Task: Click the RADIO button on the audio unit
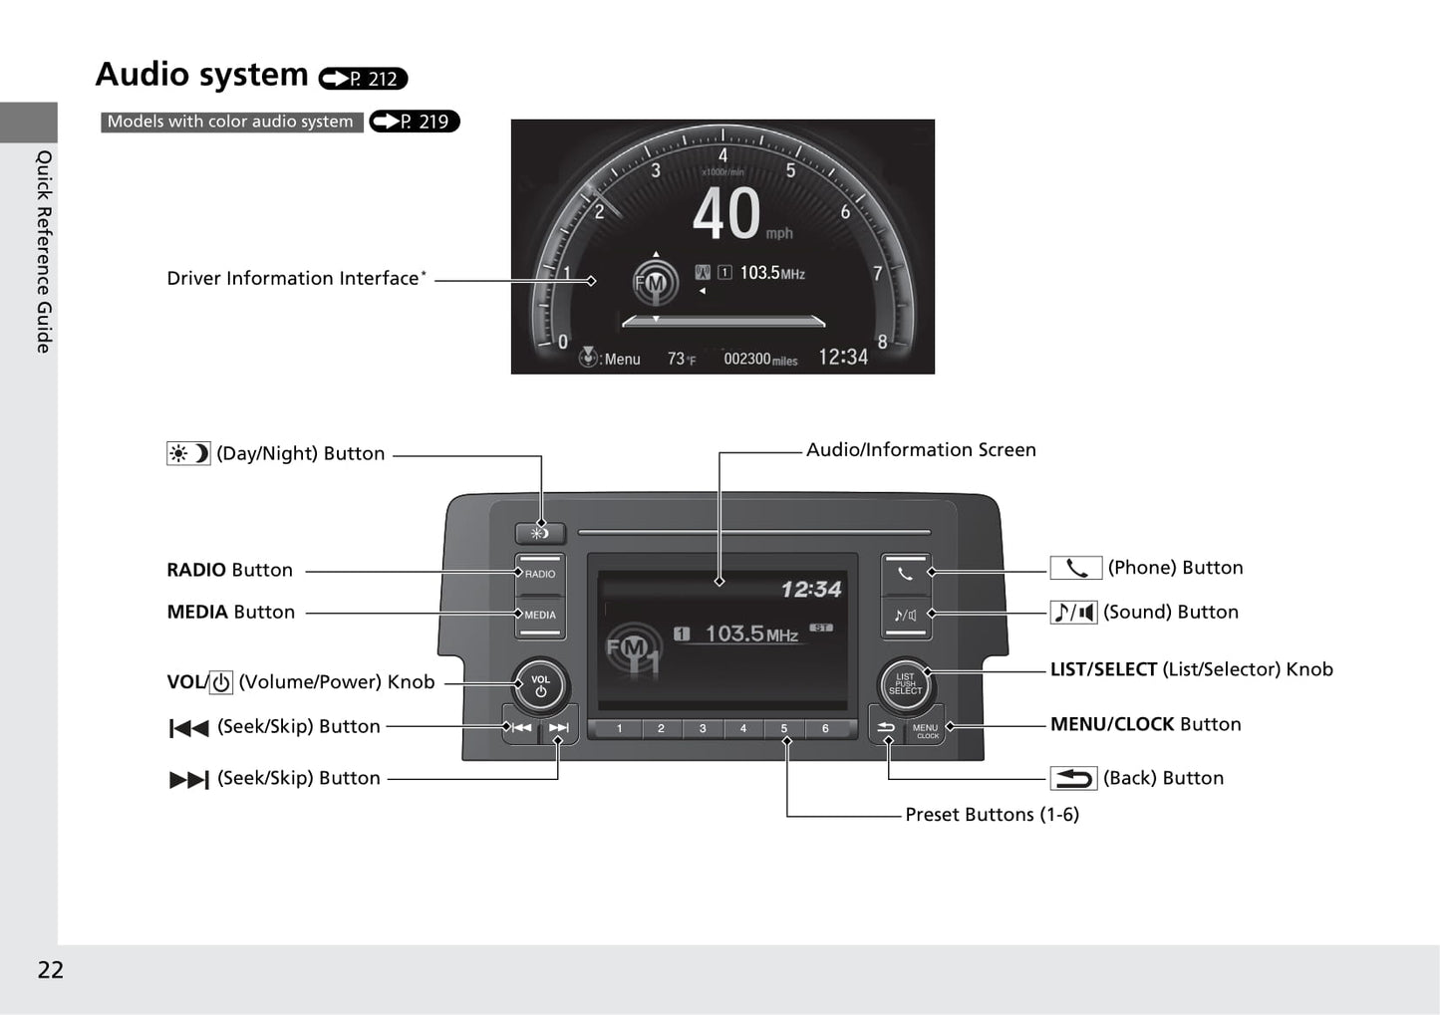[540, 574]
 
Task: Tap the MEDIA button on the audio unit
[540, 616]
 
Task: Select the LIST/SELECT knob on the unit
[905, 684]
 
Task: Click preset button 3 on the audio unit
[702, 728]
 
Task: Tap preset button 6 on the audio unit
[825, 728]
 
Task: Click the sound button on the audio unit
[905, 616]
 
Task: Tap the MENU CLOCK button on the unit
[926, 730]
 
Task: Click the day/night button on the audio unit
[540, 533]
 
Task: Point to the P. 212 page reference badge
[363, 79]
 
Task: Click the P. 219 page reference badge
[415, 122]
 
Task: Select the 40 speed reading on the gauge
[726, 213]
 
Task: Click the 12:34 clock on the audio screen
[811, 589]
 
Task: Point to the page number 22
[51, 970]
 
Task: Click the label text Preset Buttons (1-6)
[992, 815]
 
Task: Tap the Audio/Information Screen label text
[921, 449]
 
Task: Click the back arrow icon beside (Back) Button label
[1073, 778]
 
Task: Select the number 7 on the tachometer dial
[878, 274]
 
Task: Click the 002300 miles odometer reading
[760, 360]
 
